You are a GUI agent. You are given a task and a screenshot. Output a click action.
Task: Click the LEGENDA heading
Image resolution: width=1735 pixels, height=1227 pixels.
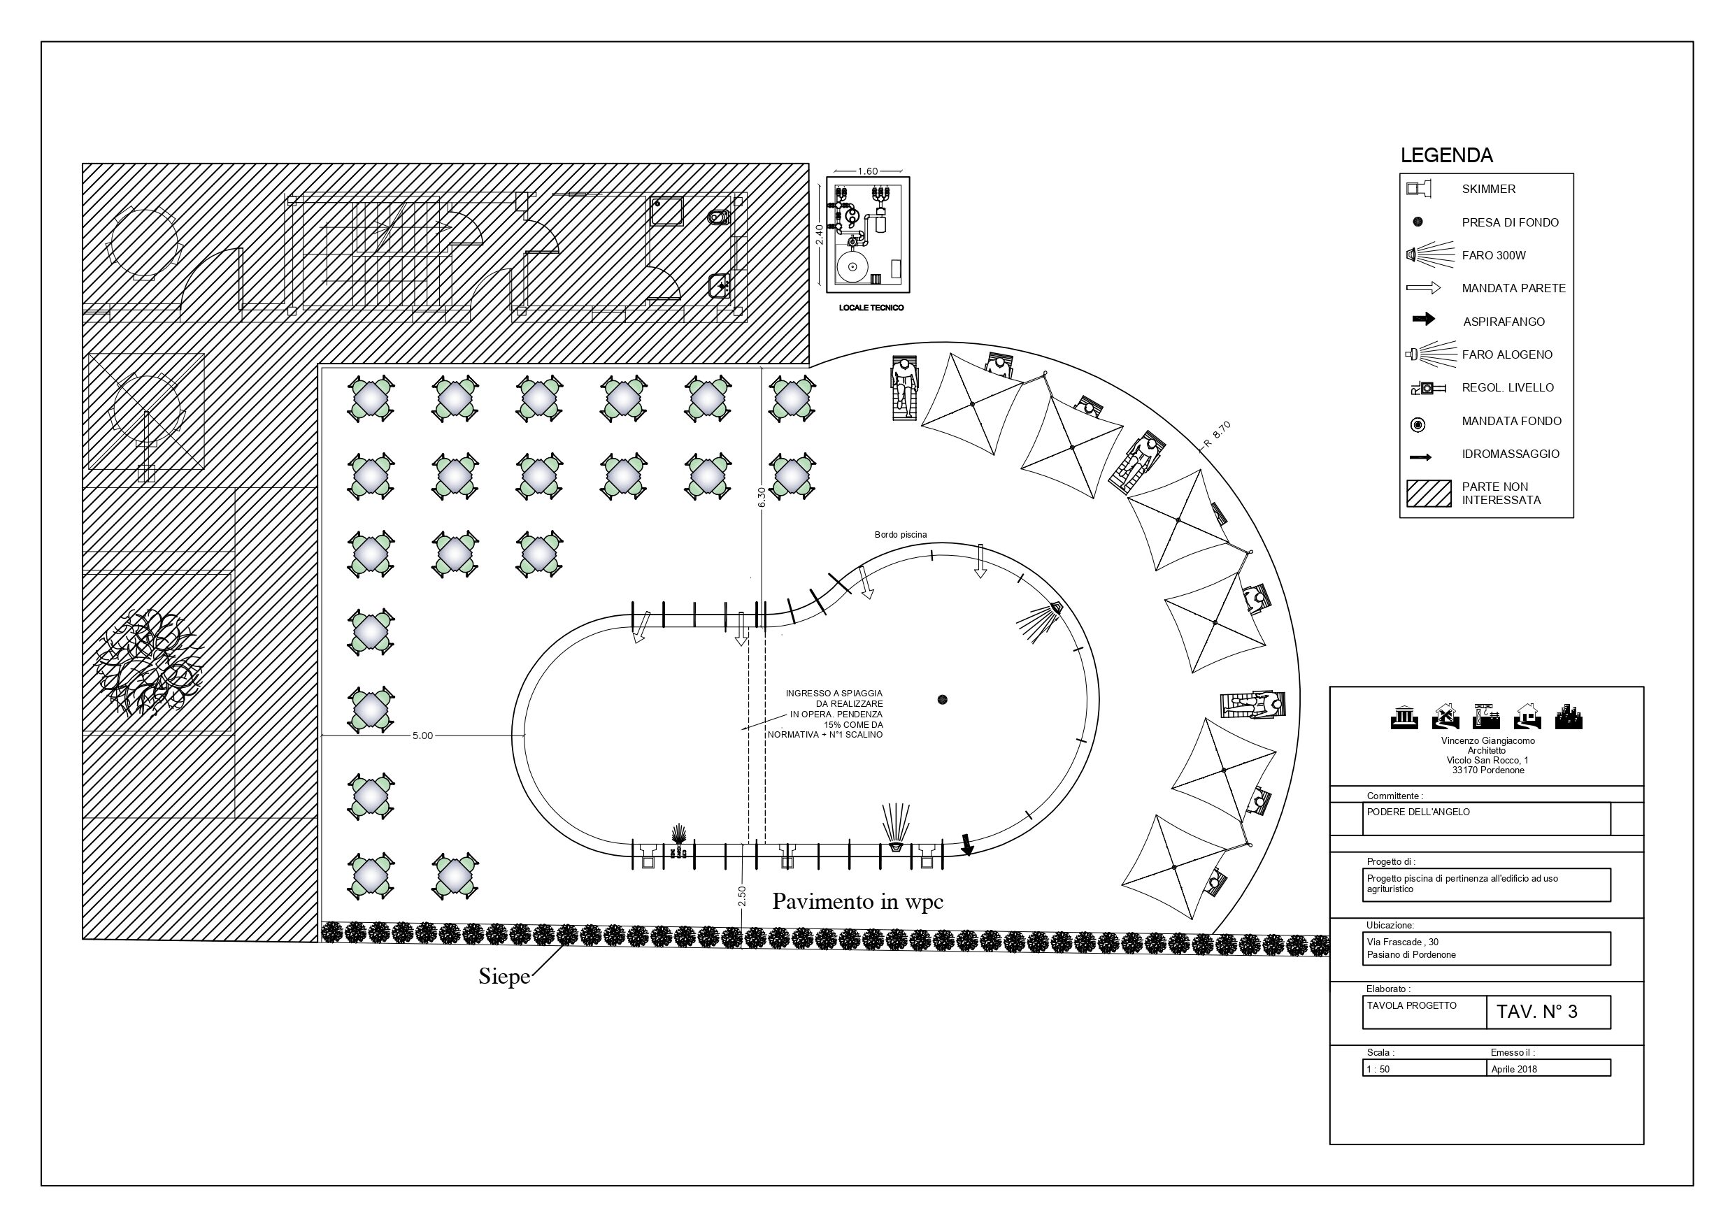pos(1446,156)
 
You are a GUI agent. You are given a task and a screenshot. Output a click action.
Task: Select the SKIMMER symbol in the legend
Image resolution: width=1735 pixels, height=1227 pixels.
pos(1418,189)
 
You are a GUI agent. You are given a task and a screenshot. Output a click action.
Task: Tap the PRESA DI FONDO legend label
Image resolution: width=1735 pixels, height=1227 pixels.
pos(1510,222)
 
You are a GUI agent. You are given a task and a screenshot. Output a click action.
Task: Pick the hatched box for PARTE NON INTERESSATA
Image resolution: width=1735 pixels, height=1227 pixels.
pos(1428,494)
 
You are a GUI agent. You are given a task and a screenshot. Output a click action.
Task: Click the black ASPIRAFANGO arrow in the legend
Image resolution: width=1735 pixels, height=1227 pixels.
pos(1424,320)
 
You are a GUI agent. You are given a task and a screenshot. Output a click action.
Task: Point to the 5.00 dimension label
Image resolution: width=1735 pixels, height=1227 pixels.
pos(422,735)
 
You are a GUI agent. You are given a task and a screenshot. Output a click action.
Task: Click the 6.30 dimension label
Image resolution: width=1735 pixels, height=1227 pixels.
pos(762,496)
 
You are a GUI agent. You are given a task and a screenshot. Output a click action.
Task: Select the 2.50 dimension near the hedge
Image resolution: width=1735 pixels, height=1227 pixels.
pos(741,896)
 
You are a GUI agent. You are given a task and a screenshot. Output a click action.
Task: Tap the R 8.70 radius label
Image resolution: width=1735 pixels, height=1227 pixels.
pos(1218,435)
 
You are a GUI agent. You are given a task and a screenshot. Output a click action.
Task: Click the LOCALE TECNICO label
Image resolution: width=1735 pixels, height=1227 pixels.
pos(871,308)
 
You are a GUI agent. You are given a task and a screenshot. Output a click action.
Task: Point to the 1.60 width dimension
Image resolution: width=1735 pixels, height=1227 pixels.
pos(867,171)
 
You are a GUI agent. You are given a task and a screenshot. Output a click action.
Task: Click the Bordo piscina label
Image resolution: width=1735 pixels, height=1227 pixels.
pos(901,535)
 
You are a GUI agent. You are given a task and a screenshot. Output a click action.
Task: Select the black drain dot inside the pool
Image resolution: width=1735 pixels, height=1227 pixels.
pos(941,700)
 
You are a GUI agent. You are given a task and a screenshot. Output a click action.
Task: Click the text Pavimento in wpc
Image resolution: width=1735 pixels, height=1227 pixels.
pos(857,901)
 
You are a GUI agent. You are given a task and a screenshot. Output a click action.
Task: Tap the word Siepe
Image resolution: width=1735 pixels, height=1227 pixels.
pos(504,977)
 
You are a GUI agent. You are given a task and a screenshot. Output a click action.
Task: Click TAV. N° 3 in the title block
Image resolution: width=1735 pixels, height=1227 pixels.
pos(1537,1012)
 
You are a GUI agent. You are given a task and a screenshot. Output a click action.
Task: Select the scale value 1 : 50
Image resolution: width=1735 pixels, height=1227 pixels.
pos(1378,1069)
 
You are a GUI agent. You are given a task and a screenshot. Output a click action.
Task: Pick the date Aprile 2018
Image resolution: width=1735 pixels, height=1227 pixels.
pos(1514,1069)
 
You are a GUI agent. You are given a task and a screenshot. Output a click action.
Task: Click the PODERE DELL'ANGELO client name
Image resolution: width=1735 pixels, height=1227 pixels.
pos(1408,812)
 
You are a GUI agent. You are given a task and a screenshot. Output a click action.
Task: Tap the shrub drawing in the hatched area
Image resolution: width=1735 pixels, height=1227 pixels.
pos(150,662)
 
